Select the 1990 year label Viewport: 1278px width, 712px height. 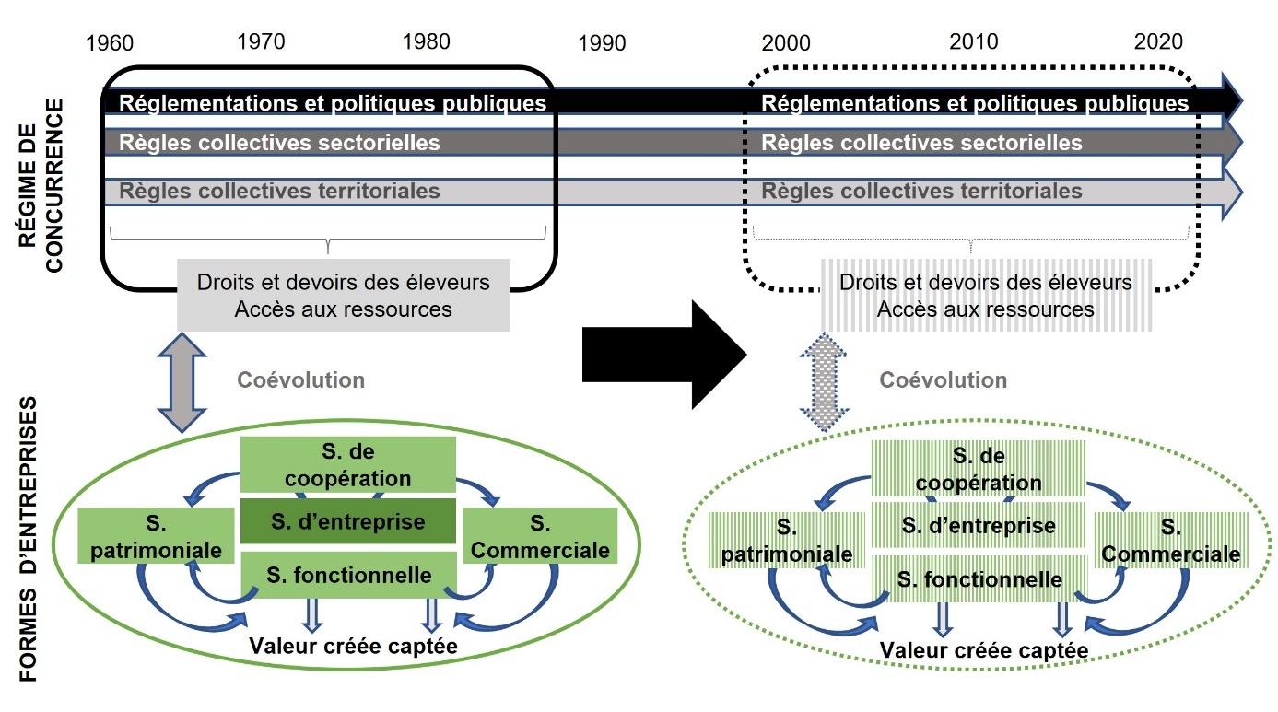(602, 43)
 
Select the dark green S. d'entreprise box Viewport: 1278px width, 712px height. (347, 522)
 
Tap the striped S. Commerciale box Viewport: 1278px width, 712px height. (1170, 541)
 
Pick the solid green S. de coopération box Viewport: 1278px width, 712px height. (347, 465)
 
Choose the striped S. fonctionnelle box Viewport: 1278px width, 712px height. (979, 579)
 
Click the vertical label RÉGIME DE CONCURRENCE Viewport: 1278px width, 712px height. (42, 184)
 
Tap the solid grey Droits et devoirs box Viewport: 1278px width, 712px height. (343, 295)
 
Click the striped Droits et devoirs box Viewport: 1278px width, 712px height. (985, 296)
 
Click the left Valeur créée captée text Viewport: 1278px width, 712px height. (353, 646)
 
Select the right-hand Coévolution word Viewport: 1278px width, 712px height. (943, 380)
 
